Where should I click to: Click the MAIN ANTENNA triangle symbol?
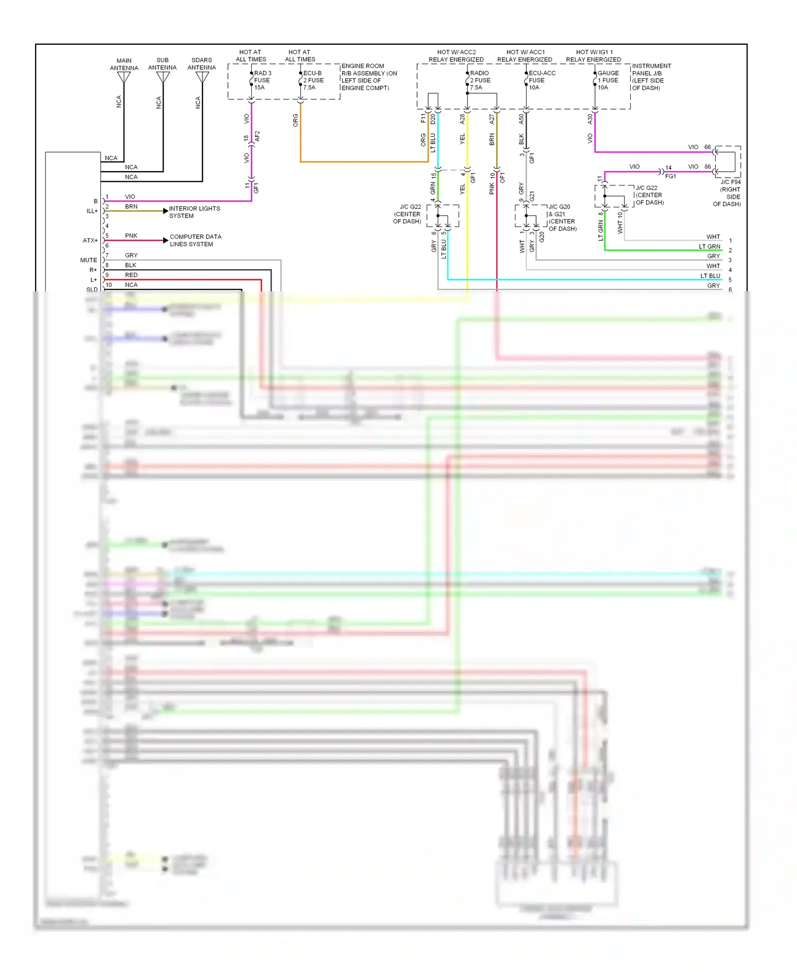point(124,78)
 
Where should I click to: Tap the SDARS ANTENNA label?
point(201,64)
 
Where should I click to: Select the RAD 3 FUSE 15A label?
point(262,80)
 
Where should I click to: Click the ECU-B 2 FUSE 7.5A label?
point(313,80)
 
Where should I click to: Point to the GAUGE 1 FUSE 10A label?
point(608,80)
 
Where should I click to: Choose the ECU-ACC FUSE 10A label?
point(541,80)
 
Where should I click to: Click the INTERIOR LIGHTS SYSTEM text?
point(194,212)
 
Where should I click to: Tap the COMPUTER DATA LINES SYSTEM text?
point(195,240)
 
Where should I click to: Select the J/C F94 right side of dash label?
point(728,193)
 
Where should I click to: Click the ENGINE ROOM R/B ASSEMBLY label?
point(368,77)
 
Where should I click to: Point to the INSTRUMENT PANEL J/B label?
point(651,77)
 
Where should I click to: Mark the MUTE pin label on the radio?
point(89,260)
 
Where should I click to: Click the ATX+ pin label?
point(90,240)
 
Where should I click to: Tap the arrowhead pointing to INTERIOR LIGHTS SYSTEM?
point(165,211)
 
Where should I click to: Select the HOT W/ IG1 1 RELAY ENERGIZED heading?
point(593,56)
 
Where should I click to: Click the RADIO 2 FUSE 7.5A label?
point(480,80)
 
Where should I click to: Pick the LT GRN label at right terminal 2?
point(709,247)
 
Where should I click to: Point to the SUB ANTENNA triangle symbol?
point(163,78)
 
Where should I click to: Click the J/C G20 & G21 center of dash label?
point(562,217)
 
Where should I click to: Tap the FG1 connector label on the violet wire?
point(670,176)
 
